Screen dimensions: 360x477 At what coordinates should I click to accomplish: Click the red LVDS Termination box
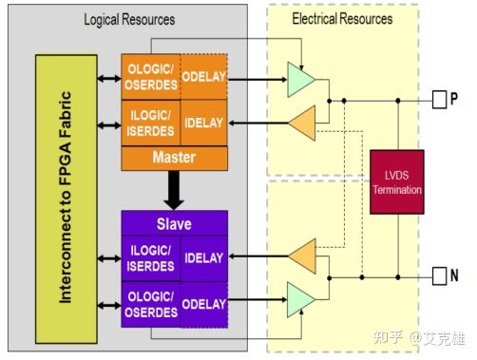tap(396, 181)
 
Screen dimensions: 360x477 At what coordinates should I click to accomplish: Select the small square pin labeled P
tap(438, 98)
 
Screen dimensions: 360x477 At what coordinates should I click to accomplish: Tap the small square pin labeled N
tap(438, 276)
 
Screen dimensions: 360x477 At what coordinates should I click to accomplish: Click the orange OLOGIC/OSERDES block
tap(148, 73)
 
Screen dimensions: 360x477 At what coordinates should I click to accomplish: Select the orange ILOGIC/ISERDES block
tap(148, 123)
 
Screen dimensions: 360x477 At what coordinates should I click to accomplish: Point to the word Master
tap(174, 157)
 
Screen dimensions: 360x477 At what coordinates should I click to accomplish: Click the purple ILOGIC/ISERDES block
tap(148, 256)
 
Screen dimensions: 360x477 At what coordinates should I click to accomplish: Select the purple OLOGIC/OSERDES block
tap(148, 303)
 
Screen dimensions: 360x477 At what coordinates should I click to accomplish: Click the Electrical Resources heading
tap(341, 19)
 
